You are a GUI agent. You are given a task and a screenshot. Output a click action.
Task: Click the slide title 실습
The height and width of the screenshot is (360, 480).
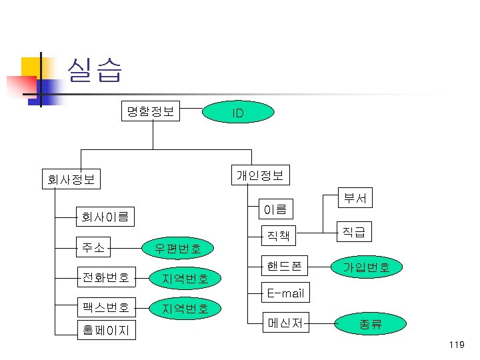tap(94, 70)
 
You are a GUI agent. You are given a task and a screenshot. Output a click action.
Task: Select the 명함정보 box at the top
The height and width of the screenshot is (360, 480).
tap(151, 111)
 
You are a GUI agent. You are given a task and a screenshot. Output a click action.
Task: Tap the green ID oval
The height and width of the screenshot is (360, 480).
tap(237, 113)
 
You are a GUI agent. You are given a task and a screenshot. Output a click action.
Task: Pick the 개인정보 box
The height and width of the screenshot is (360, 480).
tap(260, 175)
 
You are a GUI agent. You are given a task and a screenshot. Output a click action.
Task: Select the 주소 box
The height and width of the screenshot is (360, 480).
tap(93, 248)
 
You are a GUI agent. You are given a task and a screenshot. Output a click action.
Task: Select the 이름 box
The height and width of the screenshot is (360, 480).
tap(275, 209)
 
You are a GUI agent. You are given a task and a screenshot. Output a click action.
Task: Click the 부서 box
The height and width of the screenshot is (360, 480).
tap(355, 197)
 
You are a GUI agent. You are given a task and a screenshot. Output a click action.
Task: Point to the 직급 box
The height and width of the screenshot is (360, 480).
tap(354, 231)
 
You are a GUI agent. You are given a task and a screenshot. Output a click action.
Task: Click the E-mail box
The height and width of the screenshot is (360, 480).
tap(285, 293)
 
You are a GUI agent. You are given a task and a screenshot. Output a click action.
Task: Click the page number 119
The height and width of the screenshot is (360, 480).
tap(456, 344)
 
